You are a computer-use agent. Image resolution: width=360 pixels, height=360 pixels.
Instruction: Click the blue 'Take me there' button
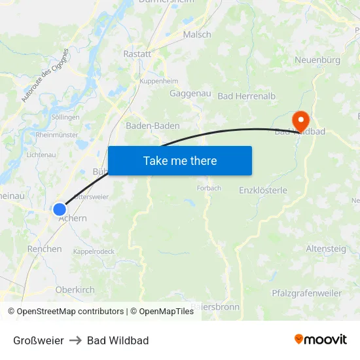click(x=180, y=160)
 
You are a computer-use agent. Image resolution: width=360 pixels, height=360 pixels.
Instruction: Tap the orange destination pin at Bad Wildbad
click(x=300, y=120)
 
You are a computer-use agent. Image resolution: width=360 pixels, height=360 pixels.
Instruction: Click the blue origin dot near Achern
click(x=60, y=209)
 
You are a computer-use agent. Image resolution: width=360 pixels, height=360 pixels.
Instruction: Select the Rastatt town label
click(x=137, y=54)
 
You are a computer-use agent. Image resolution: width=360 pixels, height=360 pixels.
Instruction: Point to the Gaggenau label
click(x=190, y=94)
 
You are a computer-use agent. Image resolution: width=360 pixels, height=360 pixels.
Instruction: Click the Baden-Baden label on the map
click(x=153, y=126)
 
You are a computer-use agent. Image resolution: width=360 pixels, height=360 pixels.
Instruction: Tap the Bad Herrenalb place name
click(x=247, y=96)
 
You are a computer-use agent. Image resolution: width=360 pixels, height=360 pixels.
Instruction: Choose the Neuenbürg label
click(x=317, y=60)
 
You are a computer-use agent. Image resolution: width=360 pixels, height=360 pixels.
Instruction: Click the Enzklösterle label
click(x=263, y=190)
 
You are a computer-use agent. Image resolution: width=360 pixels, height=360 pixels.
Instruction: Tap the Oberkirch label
click(x=75, y=289)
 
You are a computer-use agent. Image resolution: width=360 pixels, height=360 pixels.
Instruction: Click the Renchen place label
click(x=45, y=249)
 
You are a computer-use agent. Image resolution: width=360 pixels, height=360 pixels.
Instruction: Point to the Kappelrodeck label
click(x=94, y=251)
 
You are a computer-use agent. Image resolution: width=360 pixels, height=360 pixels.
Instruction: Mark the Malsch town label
click(x=197, y=35)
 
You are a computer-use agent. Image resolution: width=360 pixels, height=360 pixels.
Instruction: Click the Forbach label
click(x=209, y=188)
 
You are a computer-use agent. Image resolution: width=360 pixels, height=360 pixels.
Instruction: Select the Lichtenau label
click(x=41, y=154)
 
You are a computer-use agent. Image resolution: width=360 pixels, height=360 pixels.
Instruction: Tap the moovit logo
click(x=321, y=340)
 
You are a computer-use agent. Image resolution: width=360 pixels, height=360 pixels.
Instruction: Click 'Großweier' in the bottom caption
click(x=39, y=340)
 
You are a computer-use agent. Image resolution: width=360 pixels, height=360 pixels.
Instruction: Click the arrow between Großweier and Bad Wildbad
click(x=75, y=340)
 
